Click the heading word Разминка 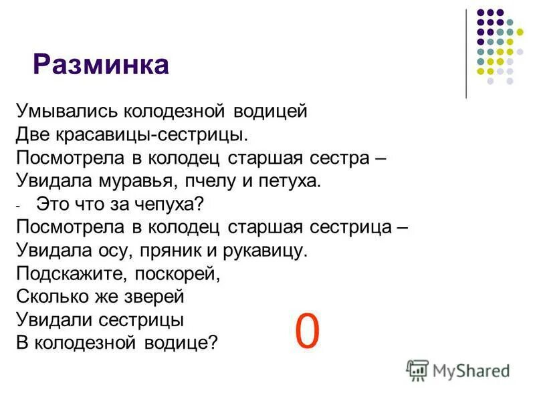(101, 65)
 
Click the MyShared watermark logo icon (417, 369)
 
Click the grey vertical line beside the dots (466, 53)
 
